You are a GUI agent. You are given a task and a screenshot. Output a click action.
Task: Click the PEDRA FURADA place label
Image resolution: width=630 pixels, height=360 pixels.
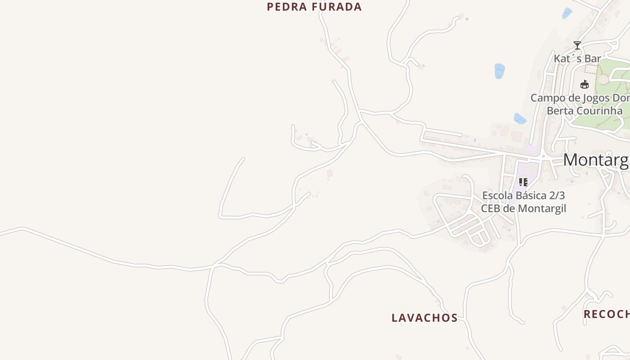[314, 7]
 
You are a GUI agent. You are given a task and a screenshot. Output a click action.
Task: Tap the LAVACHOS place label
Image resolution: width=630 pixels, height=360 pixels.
[424, 318]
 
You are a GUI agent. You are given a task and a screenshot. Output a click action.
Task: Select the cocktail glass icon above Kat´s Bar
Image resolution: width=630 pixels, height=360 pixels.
[577, 45]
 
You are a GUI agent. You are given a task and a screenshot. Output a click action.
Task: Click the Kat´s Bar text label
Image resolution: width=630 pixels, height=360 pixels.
[577, 58]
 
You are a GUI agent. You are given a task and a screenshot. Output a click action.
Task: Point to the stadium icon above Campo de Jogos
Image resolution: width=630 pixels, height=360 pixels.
[585, 84]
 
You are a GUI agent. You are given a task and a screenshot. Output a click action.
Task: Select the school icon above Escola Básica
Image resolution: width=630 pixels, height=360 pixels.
[523, 182]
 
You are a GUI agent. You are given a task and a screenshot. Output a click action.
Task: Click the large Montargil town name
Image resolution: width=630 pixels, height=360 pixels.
[596, 160]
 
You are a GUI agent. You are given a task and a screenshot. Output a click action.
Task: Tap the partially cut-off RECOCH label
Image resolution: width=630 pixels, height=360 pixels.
[607, 314]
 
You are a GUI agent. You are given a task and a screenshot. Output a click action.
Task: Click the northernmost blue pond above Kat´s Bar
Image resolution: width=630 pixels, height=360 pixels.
[567, 13]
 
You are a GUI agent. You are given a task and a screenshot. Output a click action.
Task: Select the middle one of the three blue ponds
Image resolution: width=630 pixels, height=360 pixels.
[499, 71]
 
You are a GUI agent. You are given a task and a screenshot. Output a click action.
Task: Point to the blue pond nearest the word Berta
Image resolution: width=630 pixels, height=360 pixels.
[520, 119]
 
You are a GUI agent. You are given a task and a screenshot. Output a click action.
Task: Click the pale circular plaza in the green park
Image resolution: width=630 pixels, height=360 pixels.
[603, 79]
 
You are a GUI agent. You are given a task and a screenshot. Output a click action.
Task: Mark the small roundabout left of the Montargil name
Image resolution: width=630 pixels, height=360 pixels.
[543, 156]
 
